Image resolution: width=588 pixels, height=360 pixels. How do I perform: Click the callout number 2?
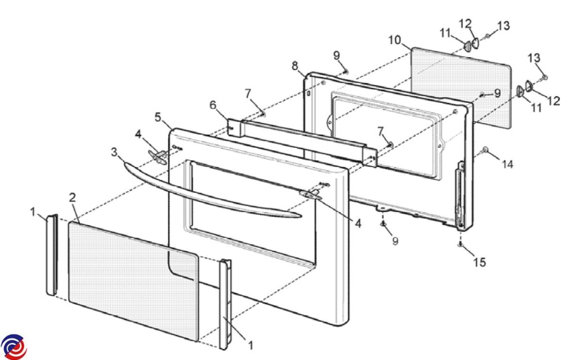(73, 198)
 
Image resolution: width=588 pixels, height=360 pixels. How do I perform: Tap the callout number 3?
(114, 152)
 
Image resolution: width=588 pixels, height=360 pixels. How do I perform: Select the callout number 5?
(158, 117)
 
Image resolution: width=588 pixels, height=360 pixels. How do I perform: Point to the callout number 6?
(213, 105)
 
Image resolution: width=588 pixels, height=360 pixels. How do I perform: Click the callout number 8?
(295, 66)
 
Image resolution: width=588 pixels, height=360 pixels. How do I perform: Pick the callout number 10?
(394, 40)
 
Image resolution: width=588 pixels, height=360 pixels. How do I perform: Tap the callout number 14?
(507, 165)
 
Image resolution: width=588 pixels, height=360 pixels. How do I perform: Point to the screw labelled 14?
(486, 149)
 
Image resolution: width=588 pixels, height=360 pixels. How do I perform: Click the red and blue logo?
(13, 346)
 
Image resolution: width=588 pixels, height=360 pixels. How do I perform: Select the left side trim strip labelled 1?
(52, 255)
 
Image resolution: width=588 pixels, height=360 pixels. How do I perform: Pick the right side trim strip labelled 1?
(225, 304)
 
